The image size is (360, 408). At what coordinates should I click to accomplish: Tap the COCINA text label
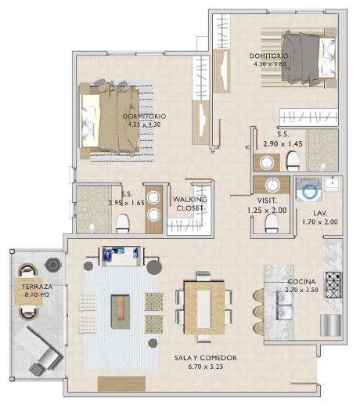[280, 281]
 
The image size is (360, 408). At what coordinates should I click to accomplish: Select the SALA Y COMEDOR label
[206, 357]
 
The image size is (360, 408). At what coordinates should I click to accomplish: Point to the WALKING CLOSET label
[189, 204]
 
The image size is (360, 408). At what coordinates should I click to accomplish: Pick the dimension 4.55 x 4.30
[144, 124]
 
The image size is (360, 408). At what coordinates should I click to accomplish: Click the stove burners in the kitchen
[333, 283]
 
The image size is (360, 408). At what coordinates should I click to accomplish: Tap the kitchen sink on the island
[283, 304]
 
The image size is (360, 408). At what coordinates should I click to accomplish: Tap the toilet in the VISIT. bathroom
[271, 225]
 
